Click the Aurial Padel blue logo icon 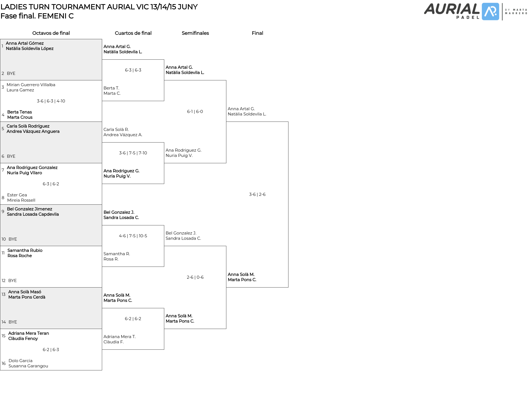(x=490, y=12)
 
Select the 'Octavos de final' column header (x=51, y=33)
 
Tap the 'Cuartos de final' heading (x=133, y=33)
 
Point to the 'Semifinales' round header (x=195, y=33)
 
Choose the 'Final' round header (x=257, y=33)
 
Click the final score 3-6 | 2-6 (x=257, y=194)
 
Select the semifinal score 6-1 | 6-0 (x=195, y=112)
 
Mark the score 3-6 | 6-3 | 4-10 (x=51, y=101)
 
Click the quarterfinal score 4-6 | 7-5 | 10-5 (x=133, y=236)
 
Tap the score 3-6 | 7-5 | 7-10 (x=133, y=153)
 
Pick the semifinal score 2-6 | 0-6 (x=195, y=277)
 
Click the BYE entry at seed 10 (x=13, y=239)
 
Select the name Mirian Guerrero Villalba (x=31, y=85)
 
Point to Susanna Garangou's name (x=28, y=366)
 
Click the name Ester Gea (x=17, y=195)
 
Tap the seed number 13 (x=4, y=294)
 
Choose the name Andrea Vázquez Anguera (x=33, y=131)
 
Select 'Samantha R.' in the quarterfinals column (x=117, y=254)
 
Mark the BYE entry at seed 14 (x=13, y=322)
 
